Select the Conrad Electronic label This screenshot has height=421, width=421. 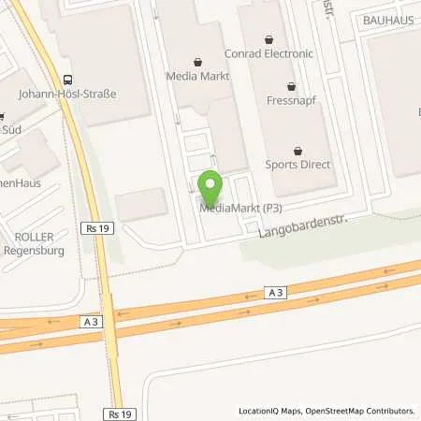pos(270,53)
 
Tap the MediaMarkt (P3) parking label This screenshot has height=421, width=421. pos(240,207)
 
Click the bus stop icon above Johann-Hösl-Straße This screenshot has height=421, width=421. pos(67,79)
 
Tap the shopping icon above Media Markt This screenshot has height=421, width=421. pos(196,61)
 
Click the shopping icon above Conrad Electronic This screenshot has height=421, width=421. pos(270,39)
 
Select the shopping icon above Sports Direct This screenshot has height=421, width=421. pos(298,150)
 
